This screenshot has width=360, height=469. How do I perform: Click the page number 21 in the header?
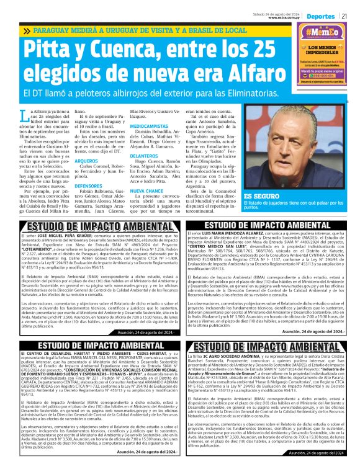coord(351,15)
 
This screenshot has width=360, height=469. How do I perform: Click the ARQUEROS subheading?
coord(86,159)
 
